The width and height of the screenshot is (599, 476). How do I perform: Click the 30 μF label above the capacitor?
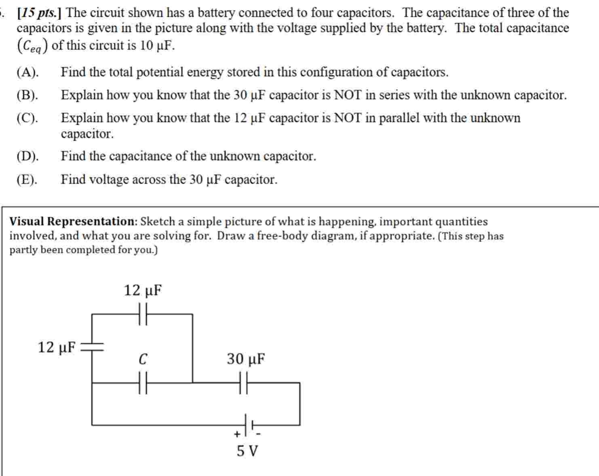(246, 359)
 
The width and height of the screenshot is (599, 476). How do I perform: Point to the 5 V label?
(247, 451)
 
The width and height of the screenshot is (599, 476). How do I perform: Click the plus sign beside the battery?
(237, 434)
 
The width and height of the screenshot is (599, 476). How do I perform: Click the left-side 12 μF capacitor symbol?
(92, 346)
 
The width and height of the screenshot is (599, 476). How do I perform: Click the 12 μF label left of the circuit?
(57, 347)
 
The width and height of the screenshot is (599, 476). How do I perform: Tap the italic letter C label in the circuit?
(143, 359)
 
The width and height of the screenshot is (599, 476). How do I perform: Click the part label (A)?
(27, 72)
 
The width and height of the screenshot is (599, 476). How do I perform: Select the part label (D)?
(27, 156)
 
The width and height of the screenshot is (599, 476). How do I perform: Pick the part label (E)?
(27, 179)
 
